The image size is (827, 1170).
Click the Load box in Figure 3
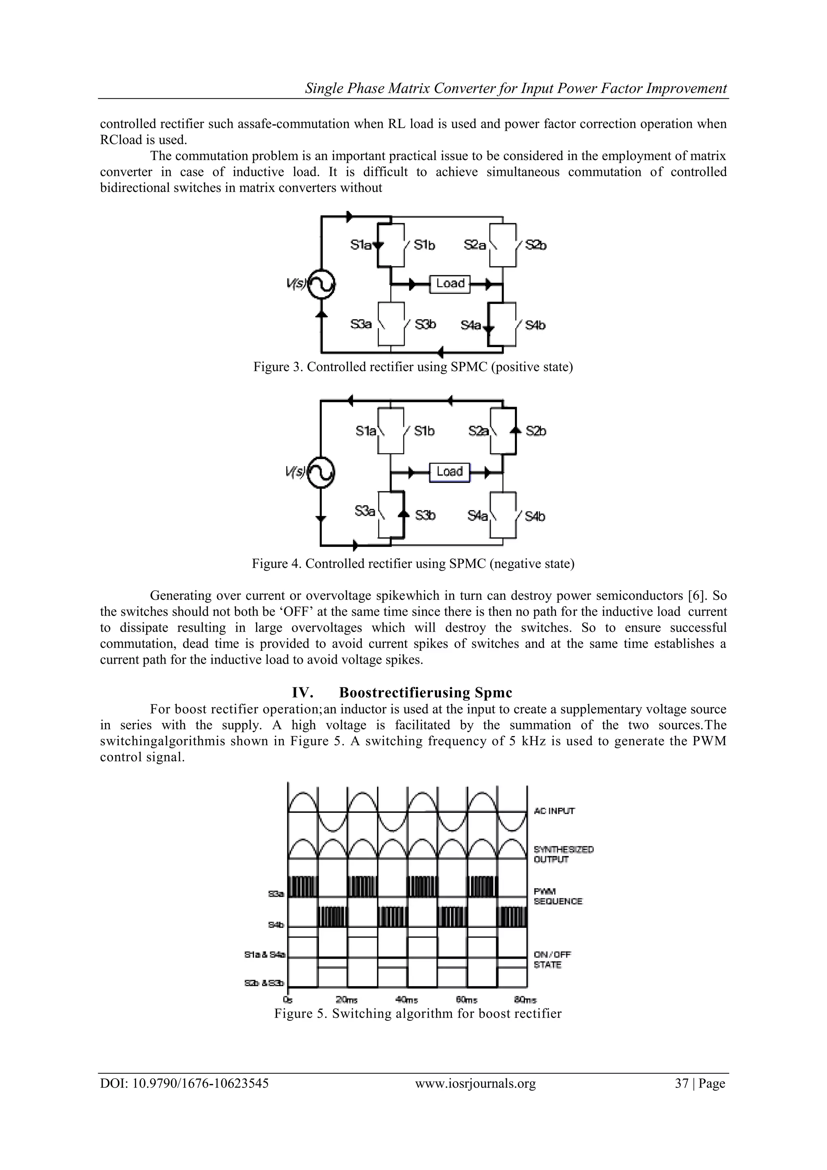(450, 283)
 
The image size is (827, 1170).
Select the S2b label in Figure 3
(536, 245)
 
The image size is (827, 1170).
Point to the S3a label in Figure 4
(365, 510)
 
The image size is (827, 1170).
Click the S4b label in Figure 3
(535, 325)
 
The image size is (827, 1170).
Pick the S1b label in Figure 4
(424, 431)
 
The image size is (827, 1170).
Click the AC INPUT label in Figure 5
(554, 811)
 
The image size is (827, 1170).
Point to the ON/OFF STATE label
(552, 959)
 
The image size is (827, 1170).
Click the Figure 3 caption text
(413, 367)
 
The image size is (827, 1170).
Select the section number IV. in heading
(302, 693)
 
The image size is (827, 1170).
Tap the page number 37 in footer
(681, 1084)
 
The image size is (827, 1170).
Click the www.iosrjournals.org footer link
(475, 1084)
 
